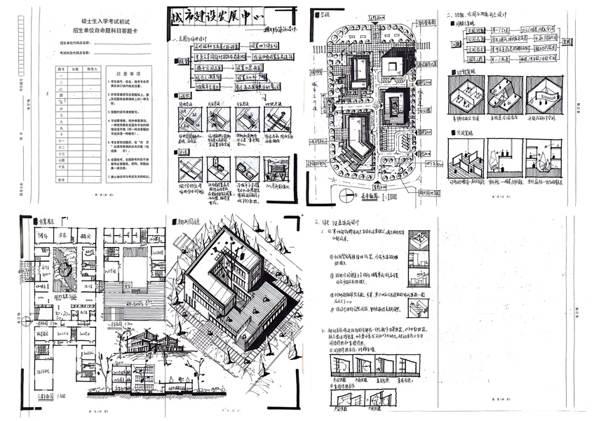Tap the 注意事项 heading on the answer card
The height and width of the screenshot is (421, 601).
tap(128, 72)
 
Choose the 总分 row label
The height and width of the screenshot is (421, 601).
tap(61, 180)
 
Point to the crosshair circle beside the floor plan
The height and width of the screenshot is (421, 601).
tap(26, 321)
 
